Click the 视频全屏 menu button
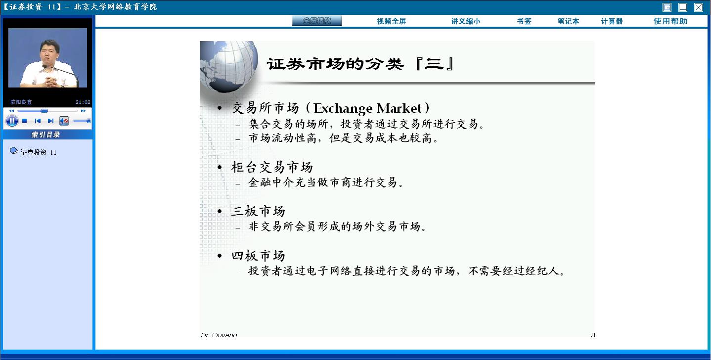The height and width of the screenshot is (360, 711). pos(392,21)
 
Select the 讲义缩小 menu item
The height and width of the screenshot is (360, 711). pos(466,21)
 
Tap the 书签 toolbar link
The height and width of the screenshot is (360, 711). pos(524,21)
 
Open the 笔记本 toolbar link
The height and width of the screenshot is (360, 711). pos(568,21)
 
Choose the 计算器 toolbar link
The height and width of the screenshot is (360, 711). pos(612,21)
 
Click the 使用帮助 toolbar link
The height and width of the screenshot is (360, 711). pos(670,21)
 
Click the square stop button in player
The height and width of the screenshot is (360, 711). pos(24,121)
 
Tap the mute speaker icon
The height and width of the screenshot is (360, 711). pos(64,121)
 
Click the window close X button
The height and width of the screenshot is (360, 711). pos(699,7)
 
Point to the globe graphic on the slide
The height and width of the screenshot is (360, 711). pos(228,66)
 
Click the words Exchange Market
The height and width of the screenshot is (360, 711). pos(367,108)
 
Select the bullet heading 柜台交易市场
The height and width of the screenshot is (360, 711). pos(272,167)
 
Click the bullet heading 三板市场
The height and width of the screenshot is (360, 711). pos(258,211)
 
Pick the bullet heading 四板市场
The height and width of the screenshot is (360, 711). pos(258,256)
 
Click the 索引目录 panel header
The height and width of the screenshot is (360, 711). pos(45,135)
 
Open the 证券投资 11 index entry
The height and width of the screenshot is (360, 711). pos(39,152)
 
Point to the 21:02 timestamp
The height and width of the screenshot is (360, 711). pos(83,102)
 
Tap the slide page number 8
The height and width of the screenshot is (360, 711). pos(593,335)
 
